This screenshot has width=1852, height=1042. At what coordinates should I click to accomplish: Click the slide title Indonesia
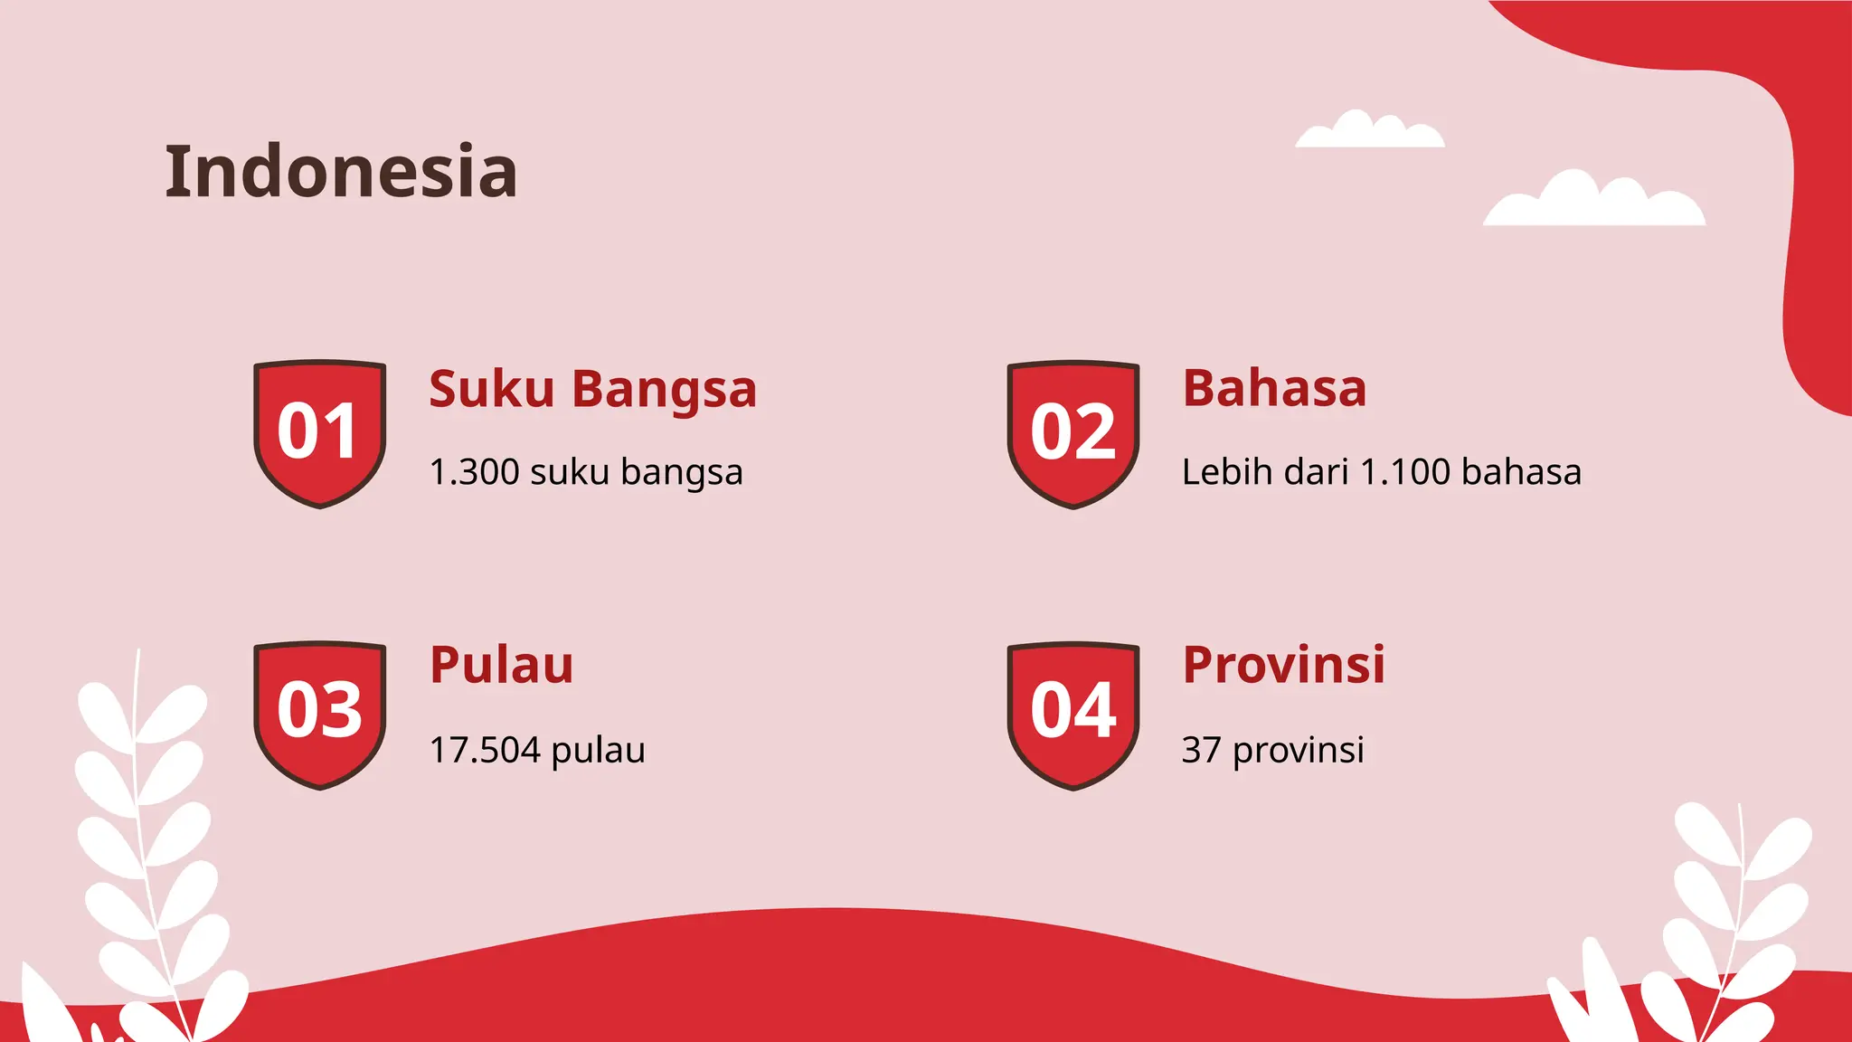(341, 172)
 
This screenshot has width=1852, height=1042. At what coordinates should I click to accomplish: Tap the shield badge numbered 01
(319, 433)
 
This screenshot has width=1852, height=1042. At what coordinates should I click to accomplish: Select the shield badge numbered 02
(1072, 433)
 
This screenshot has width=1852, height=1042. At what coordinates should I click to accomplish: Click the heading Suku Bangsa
(592, 390)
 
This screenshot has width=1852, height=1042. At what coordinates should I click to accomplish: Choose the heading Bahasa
(1274, 389)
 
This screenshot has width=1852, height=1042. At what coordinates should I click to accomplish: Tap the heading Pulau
(501, 666)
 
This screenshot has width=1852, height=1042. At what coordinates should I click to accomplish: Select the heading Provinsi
(1283, 666)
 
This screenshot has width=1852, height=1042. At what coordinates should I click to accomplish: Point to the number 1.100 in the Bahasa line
(1405, 472)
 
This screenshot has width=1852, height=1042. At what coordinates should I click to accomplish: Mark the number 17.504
(485, 750)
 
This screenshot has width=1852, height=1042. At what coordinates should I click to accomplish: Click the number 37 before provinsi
(1201, 750)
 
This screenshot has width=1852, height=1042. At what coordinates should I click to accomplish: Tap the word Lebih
(1219, 472)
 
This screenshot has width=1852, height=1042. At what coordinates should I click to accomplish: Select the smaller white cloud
(1369, 133)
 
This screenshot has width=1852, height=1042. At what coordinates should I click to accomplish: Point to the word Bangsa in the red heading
(664, 390)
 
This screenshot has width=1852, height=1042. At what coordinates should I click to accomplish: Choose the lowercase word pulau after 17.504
(598, 750)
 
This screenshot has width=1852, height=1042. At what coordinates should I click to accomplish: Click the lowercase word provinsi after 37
(1298, 750)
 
